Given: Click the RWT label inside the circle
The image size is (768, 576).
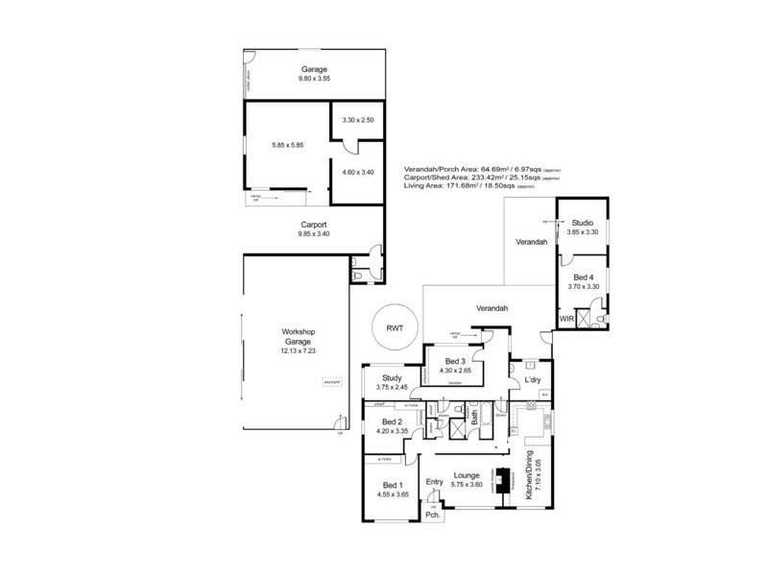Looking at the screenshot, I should click(x=395, y=327).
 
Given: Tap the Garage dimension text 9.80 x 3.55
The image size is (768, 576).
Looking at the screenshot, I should click(x=315, y=79).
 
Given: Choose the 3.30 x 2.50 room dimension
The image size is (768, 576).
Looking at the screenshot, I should click(x=357, y=119).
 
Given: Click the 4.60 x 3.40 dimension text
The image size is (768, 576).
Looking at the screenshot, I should click(x=357, y=172).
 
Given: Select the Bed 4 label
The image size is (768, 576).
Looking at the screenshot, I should click(x=583, y=276).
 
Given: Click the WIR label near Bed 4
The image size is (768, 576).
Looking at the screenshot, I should click(x=566, y=316).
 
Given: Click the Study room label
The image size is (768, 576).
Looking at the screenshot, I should click(x=391, y=378).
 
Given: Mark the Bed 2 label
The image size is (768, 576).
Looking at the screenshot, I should click(x=392, y=421).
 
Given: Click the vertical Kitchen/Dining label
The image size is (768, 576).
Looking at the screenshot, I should click(x=529, y=477).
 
